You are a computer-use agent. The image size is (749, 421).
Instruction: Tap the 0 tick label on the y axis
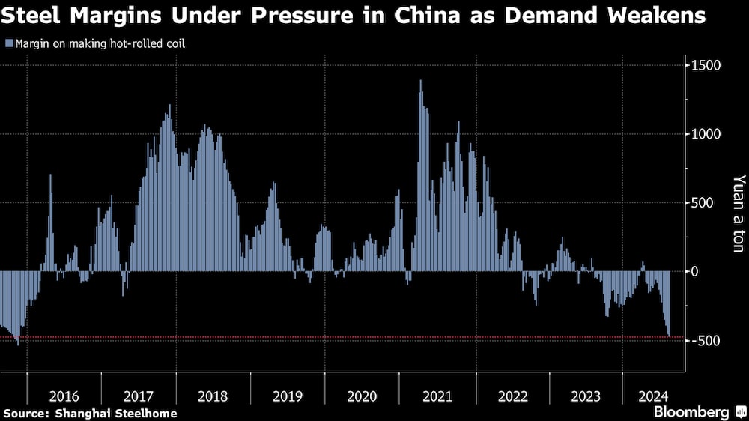[694, 271]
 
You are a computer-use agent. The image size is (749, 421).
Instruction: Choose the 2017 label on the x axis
[139, 396]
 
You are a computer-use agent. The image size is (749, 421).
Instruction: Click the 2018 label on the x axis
[213, 396]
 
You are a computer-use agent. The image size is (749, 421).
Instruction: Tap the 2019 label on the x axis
[288, 396]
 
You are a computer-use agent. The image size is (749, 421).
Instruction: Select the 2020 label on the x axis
[362, 396]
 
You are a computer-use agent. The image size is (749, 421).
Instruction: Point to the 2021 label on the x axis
[437, 396]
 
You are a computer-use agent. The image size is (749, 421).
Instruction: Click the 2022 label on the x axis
[511, 396]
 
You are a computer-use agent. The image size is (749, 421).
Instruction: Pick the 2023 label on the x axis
[586, 396]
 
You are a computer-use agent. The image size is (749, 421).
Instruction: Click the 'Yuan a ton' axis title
[739, 213]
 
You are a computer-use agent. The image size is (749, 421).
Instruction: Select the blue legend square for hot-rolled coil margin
[8, 44]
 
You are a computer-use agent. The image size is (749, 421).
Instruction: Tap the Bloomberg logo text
[691, 412]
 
